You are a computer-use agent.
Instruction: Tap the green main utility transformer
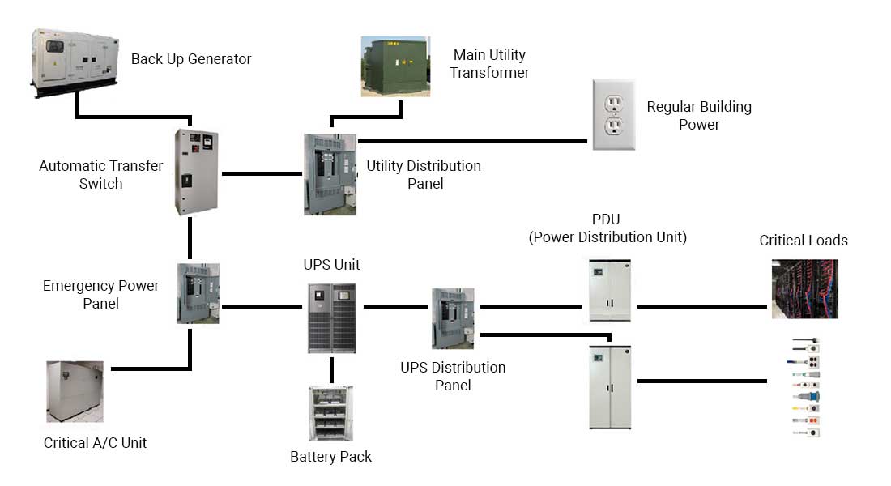pos(395,66)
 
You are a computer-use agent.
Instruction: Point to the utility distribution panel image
pos(330,174)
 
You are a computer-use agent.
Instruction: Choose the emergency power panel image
pos(198,293)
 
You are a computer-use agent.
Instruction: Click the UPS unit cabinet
pos(331,318)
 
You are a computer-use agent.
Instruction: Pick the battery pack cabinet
pos(330,413)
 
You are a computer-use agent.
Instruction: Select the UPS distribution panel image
pos(453,318)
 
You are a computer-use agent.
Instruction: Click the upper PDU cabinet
pos(608,290)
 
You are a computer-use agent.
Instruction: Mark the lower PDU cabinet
pos(609,386)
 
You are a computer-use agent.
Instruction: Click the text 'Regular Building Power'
pos(699,115)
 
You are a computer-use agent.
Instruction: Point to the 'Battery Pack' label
pos(330,457)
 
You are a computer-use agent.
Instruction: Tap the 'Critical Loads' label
pos(804,241)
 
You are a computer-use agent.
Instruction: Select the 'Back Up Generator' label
pos(191,59)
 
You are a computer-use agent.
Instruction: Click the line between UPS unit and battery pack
pos(331,369)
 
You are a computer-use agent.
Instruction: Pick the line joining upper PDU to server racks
pos(701,307)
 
